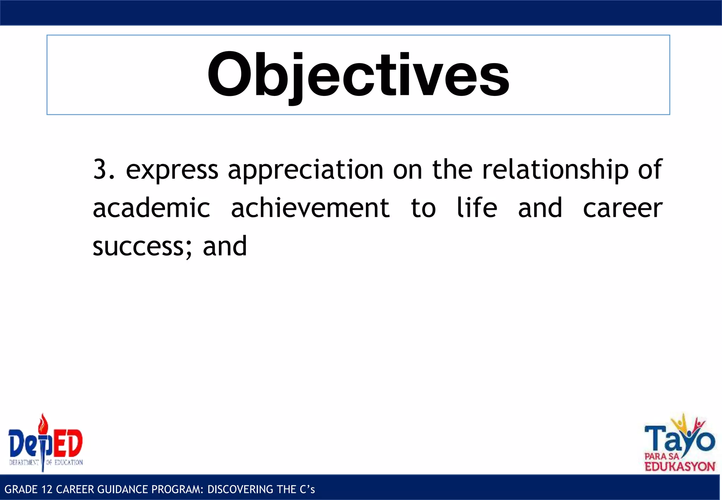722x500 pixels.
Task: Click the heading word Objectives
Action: [358, 75]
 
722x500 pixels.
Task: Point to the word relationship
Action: [555, 170]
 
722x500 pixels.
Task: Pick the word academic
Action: [151, 208]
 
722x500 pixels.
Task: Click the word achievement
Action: [310, 208]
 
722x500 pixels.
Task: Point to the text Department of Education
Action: [46, 463]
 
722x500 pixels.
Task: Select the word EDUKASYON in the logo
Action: [680, 467]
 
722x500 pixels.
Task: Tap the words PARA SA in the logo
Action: [661, 456]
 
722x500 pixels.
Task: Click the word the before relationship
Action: [452, 170]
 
